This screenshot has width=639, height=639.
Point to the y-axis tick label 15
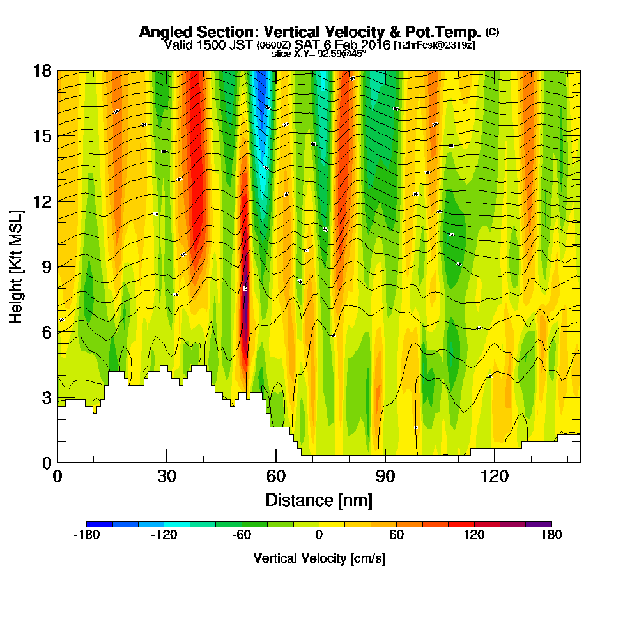point(42,136)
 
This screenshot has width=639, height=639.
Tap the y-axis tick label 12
point(42,201)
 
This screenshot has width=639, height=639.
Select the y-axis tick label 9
point(46,266)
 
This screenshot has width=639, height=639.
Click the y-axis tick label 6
point(46,332)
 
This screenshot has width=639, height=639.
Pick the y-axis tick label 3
point(46,397)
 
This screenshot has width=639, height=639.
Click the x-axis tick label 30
point(167,477)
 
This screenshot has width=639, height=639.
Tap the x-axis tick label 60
point(276,477)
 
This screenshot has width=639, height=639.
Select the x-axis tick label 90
point(385,477)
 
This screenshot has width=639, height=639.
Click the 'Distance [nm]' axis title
point(319,500)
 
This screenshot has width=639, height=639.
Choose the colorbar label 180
point(551,535)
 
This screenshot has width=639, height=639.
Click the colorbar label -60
point(241,535)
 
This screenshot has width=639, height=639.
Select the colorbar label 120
point(473,535)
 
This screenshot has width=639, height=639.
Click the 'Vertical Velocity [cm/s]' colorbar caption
point(319,558)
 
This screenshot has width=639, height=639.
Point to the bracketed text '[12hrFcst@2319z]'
point(435,45)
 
